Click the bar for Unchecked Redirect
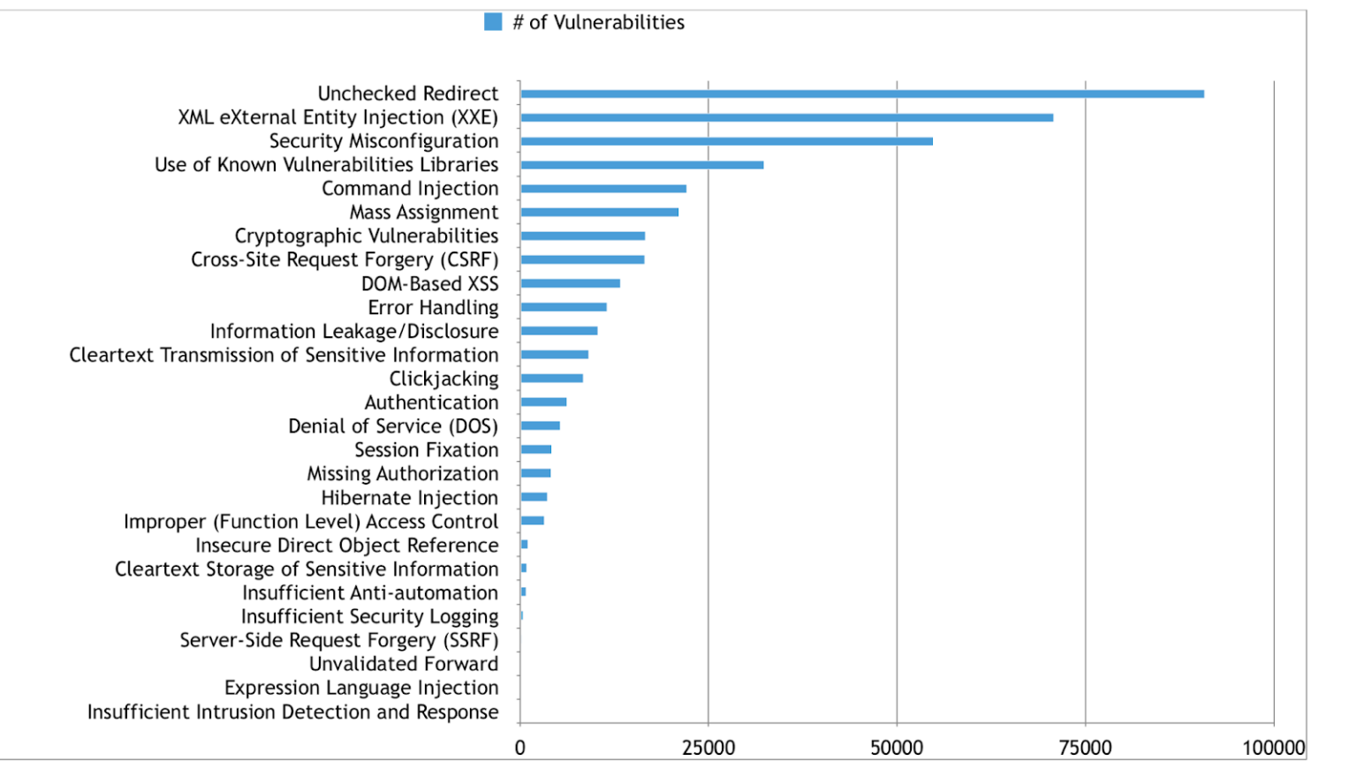pos(861,94)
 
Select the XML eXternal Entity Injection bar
pos(786,117)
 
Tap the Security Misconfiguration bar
pos(726,141)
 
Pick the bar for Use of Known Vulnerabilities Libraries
pos(641,165)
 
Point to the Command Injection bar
pos(603,189)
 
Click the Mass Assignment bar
pos(599,212)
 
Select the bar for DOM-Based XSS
pos(570,283)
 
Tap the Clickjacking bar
pos(551,379)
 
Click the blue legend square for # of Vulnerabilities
pos(493,22)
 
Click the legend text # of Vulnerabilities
pos(598,22)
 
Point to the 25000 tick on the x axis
pos(708,748)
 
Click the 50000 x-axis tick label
pos(896,748)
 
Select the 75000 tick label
pos(1085,748)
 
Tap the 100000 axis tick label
pos(1273,748)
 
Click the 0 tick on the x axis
pos(519,748)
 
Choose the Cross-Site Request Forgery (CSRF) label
pos(345,260)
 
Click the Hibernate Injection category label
pos(409,498)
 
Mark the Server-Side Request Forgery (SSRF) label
pos(338,640)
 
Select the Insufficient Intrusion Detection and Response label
pos(292,712)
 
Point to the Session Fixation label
pos(426,450)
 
